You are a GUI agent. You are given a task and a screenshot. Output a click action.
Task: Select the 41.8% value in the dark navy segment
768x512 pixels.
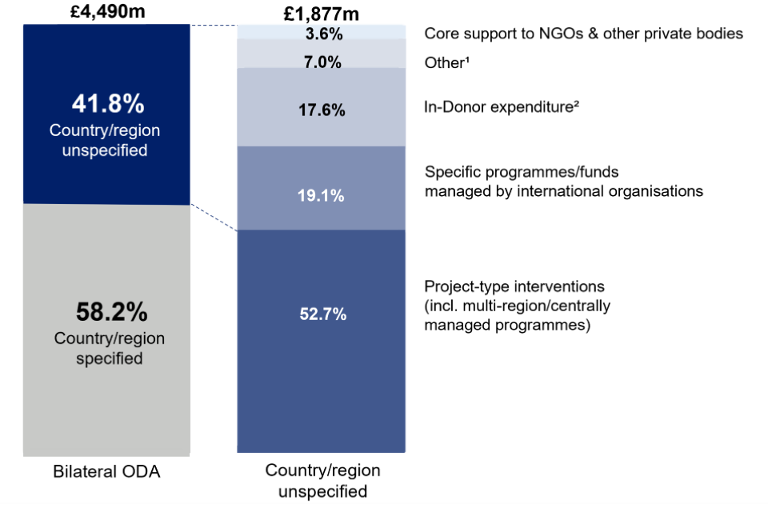(x=106, y=104)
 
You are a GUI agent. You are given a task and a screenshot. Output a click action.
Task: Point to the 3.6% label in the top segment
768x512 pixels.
(x=324, y=34)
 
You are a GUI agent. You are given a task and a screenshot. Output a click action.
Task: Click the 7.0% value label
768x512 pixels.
(x=324, y=62)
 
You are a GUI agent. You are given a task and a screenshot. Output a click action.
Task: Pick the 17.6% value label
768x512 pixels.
(x=324, y=110)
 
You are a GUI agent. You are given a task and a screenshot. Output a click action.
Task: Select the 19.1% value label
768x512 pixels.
(x=324, y=194)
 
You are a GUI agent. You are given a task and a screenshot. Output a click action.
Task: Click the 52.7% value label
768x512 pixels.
(x=324, y=314)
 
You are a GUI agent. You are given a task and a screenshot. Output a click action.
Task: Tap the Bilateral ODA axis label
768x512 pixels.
(x=106, y=471)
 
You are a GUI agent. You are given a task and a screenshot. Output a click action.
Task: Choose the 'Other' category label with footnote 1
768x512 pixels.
(x=445, y=62)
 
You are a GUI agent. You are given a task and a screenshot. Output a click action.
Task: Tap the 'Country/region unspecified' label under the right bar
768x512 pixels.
(x=322, y=481)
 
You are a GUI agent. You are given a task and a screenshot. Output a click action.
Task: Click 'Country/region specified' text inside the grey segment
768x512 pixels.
(x=110, y=349)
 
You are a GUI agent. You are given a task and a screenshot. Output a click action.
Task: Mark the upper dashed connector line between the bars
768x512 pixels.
(x=214, y=26)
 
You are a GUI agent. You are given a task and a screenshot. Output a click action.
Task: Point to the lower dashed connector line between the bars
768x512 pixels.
(x=214, y=217)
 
